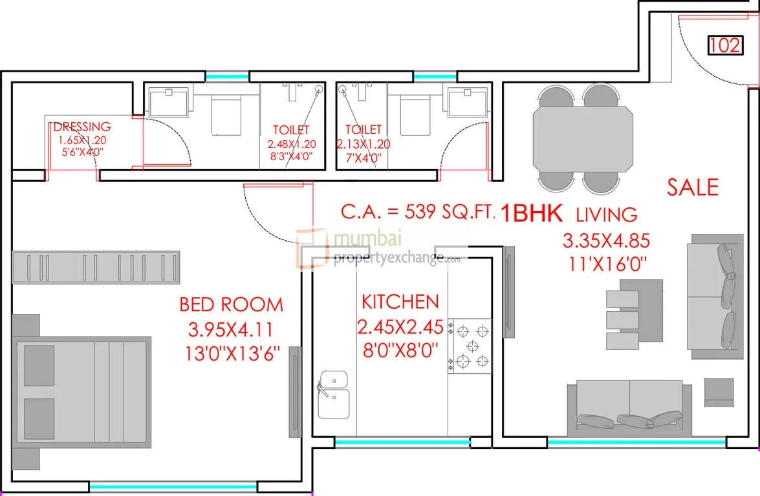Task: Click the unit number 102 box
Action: [x=726, y=45]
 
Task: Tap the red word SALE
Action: [x=692, y=187]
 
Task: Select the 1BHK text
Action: [x=531, y=213]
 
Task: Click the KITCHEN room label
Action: [x=400, y=302]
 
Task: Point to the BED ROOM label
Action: [x=231, y=304]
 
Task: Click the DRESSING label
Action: [x=82, y=127]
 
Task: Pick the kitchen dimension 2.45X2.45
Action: [x=400, y=327]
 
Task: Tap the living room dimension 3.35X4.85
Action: [x=606, y=240]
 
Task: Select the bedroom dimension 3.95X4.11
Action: [x=230, y=329]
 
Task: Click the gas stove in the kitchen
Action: [x=469, y=346]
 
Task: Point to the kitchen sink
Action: [x=334, y=395]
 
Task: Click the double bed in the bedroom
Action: [x=81, y=392]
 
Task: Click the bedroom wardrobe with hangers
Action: [x=96, y=267]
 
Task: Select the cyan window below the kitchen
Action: [x=402, y=442]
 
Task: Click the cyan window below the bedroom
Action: [x=173, y=486]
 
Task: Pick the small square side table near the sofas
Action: [x=719, y=392]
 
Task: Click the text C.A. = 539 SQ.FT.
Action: [x=417, y=211]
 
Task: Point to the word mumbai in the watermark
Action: [x=368, y=238]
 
